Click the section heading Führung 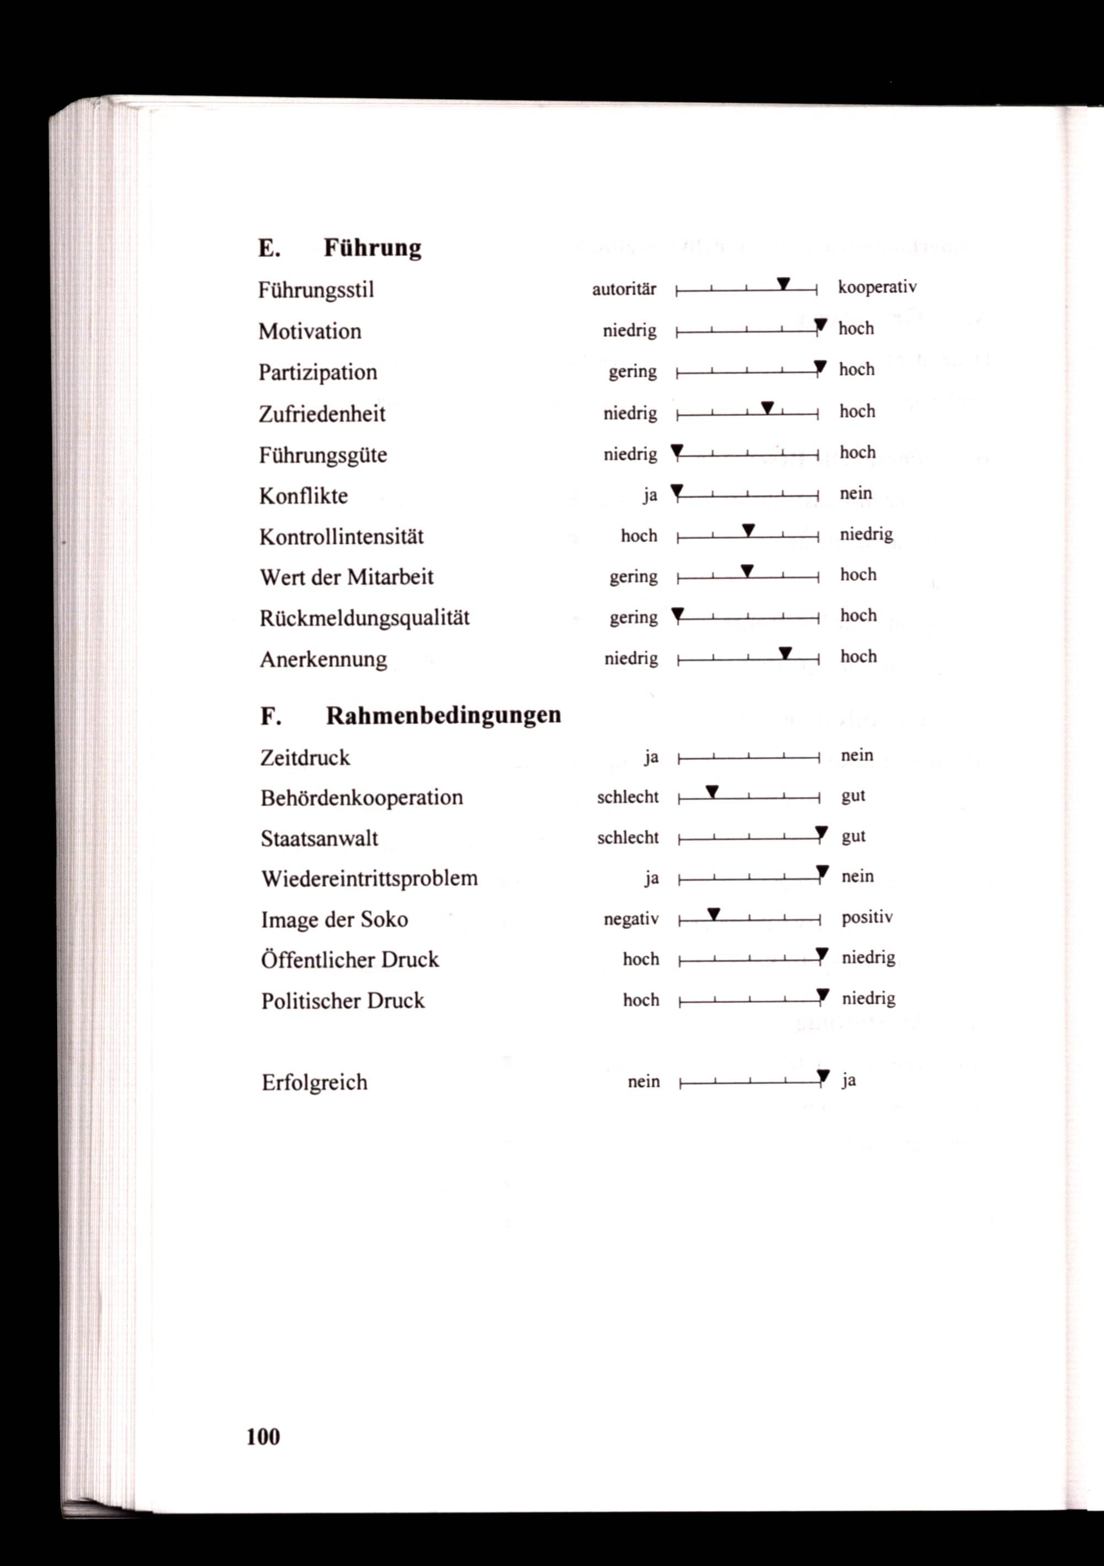371,247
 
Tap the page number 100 263,1437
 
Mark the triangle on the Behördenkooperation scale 712,791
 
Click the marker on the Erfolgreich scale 823,1076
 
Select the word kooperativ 877,287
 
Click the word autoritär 624,289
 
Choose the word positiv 867,917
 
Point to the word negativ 631,919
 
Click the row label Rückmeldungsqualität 364,618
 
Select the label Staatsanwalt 319,838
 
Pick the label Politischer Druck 342,1001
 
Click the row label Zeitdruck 305,758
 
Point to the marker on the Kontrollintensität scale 748,530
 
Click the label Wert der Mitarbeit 347,577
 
